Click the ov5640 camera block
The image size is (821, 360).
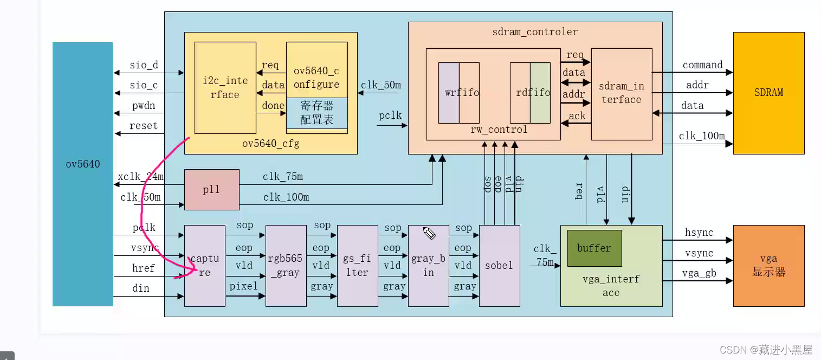pyautogui.click(x=82, y=173)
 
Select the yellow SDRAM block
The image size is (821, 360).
pyautogui.click(x=768, y=93)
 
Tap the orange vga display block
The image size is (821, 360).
pyautogui.click(x=768, y=266)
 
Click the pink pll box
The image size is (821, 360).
pyautogui.click(x=211, y=190)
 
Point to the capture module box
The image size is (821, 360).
pyautogui.click(x=205, y=266)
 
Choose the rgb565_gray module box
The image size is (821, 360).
pyautogui.click(x=286, y=266)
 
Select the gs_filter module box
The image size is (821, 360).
pyautogui.click(x=357, y=266)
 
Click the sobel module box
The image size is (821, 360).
pyautogui.click(x=499, y=266)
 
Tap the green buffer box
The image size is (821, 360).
pyautogui.click(x=594, y=248)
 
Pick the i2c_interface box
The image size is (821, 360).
pyautogui.click(x=225, y=88)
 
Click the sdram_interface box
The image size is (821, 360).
pyautogui.click(x=621, y=93)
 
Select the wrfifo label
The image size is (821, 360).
pyautogui.click(x=462, y=93)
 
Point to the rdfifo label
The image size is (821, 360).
pyautogui.click(x=533, y=93)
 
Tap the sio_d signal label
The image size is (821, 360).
pyautogui.click(x=144, y=66)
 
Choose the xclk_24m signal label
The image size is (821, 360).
pyautogui.click(x=141, y=177)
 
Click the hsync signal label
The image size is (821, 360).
pyautogui.click(x=699, y=233)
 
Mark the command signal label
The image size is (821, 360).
pyautogui.click(x=702, y=65)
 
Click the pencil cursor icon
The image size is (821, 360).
pyautogui.click(x=429, y=233)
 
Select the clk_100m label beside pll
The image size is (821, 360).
pyautogui.click(x=286, y=197)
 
